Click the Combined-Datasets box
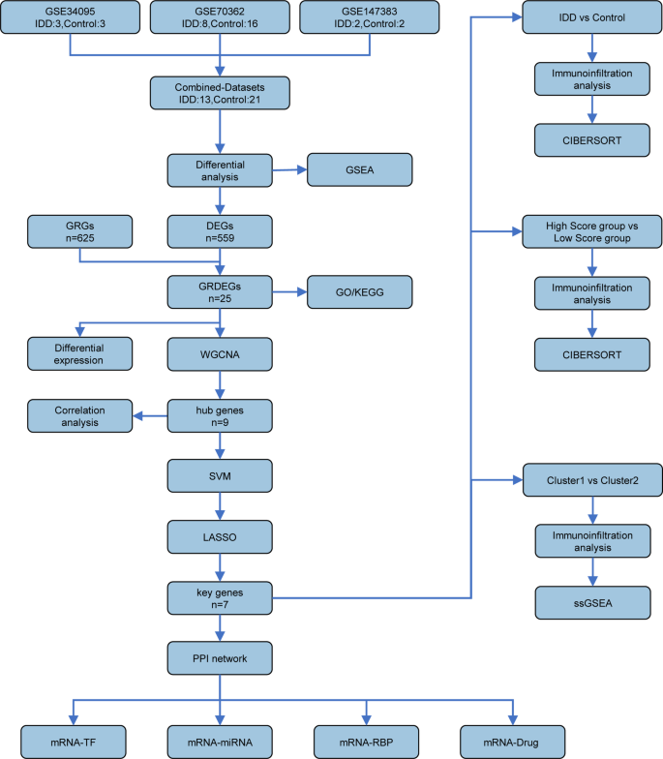pyautogui.click(x=223, y=92)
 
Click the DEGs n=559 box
pyautogui.click(x=223, y=232)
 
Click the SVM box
pyautogui.click(x=223, y=476)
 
